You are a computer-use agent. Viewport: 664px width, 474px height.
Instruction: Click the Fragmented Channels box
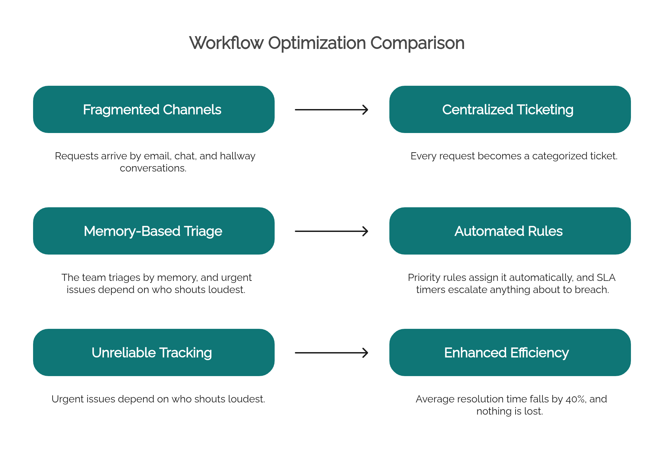pyautogui.click(x=154, y=109)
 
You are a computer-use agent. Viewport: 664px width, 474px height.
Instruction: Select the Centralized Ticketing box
pyautogui.click(x=510, y=109)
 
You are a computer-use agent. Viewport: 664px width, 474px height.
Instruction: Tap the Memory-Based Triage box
pyautogui.click(x=154, y=231)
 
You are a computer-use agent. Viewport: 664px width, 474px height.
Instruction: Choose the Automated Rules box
pyautogui.click(x=510, y=231)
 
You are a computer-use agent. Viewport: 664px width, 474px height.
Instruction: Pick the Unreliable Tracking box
pyautogui.click(x=154, y=352)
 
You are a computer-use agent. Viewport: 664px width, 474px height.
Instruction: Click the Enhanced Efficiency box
pyautogui.click(x=510, y=352)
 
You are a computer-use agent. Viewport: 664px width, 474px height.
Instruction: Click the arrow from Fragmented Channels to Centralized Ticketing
pyautogui.click(x=332, y=110)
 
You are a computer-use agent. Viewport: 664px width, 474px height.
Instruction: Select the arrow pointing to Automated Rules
pyautogui.click(x=332, y=231)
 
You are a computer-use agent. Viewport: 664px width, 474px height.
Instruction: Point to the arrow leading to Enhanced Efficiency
pyautogui.click(x=332, y=353)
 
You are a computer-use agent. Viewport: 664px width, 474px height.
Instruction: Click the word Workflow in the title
pyautogui.click(x=226, y=43)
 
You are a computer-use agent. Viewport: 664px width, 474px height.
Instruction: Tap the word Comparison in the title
pyautogui.click(x=417, y=44)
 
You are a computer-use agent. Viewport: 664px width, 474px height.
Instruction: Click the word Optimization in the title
pyautogui.click(x=317, y=44)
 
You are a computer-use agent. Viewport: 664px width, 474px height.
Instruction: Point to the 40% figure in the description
pyautogui.click(x=576, y=399)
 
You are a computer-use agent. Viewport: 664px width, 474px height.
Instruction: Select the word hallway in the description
pyautogui.click(x=238, y=156)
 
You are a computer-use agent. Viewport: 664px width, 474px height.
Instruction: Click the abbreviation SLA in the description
pyautogui.click(x=606, y=278)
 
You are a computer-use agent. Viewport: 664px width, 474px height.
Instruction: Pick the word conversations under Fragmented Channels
pyautogui.click(x=153, y=168)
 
